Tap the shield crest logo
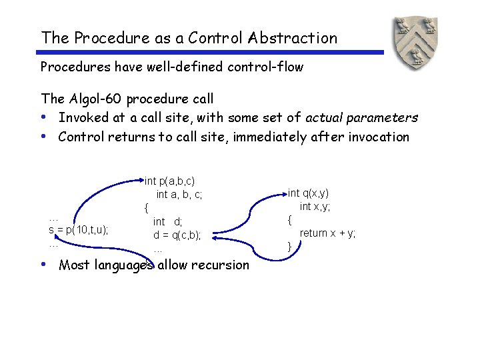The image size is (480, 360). pos(415,44)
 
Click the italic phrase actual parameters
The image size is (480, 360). pos(361,118)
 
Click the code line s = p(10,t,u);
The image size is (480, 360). pos(79,230)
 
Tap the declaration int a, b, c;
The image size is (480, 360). pos(179,195)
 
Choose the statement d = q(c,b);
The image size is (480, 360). pos(177,235)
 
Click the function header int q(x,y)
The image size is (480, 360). pos(308,193)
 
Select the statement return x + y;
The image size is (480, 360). pos(327,233)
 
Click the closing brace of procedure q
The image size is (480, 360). pos(289,247)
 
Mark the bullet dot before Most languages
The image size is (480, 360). pos(43,264)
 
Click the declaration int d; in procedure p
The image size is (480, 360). pos(167,221)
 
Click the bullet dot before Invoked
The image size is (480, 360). pos(43,117)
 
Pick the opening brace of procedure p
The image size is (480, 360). pos(146,208)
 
